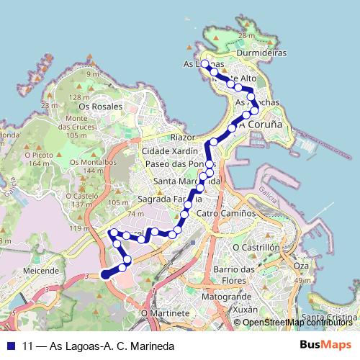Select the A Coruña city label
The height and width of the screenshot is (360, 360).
pos(260,124)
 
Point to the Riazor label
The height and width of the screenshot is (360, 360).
pos(183,137)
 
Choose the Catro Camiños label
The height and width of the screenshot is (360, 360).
pos(226,214)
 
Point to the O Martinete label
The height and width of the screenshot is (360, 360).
pos(164,314)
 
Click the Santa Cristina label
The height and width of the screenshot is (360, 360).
pos(330,318)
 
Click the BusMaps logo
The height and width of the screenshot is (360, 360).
pos(326,345)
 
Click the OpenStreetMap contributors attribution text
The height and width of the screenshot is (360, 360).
pos(297,323)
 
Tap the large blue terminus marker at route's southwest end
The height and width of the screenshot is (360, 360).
pos(106,273)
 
